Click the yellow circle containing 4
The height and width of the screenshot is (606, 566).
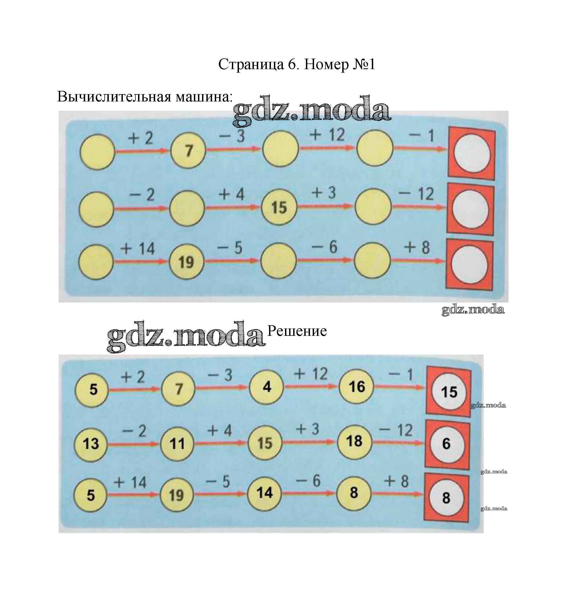pos(266,387)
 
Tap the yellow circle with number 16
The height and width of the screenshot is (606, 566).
pos(356,387)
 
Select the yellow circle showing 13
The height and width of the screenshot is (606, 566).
pos(91,444)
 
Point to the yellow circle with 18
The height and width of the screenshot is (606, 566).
pos(354,441)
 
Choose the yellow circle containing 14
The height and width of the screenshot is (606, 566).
pos(264,493)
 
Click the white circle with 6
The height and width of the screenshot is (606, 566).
pos(446,444)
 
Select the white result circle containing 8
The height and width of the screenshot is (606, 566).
pos(446,498)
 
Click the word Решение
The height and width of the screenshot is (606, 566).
pos(297,331)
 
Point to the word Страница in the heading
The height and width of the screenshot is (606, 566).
pos(251,65)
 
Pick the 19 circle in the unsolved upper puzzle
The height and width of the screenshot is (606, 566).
pos(186,262)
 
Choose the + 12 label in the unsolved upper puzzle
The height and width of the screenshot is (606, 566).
pos(327,135)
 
